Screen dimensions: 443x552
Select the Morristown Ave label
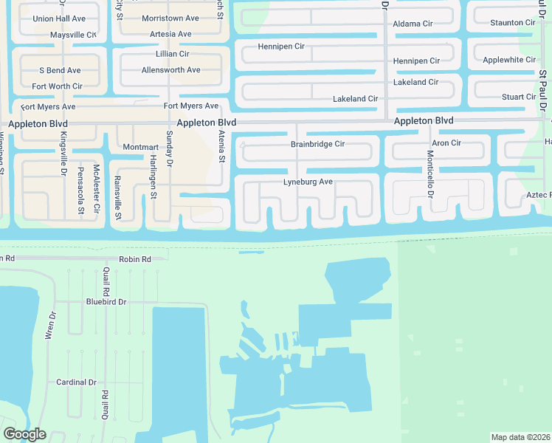point(170,18)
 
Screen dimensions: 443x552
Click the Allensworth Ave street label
point(170,70)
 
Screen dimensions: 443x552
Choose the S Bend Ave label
point(60,70)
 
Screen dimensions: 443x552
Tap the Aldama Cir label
point(413,24)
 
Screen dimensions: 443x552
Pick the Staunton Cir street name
point(512,23)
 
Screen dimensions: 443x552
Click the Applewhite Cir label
point(508,59)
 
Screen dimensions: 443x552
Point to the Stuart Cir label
point(518,97)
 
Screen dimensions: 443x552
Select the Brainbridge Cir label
point(317,144)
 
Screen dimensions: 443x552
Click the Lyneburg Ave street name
point(309,182)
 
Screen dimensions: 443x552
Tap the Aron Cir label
point(446,142)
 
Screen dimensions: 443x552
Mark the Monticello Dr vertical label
point(429,173)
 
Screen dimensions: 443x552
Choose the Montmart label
point(141,147)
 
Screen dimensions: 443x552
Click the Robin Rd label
point(134,260)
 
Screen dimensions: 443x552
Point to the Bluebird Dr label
point(106,302)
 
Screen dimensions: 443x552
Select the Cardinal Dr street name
point(77,382)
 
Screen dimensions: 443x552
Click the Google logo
point(24,434)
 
